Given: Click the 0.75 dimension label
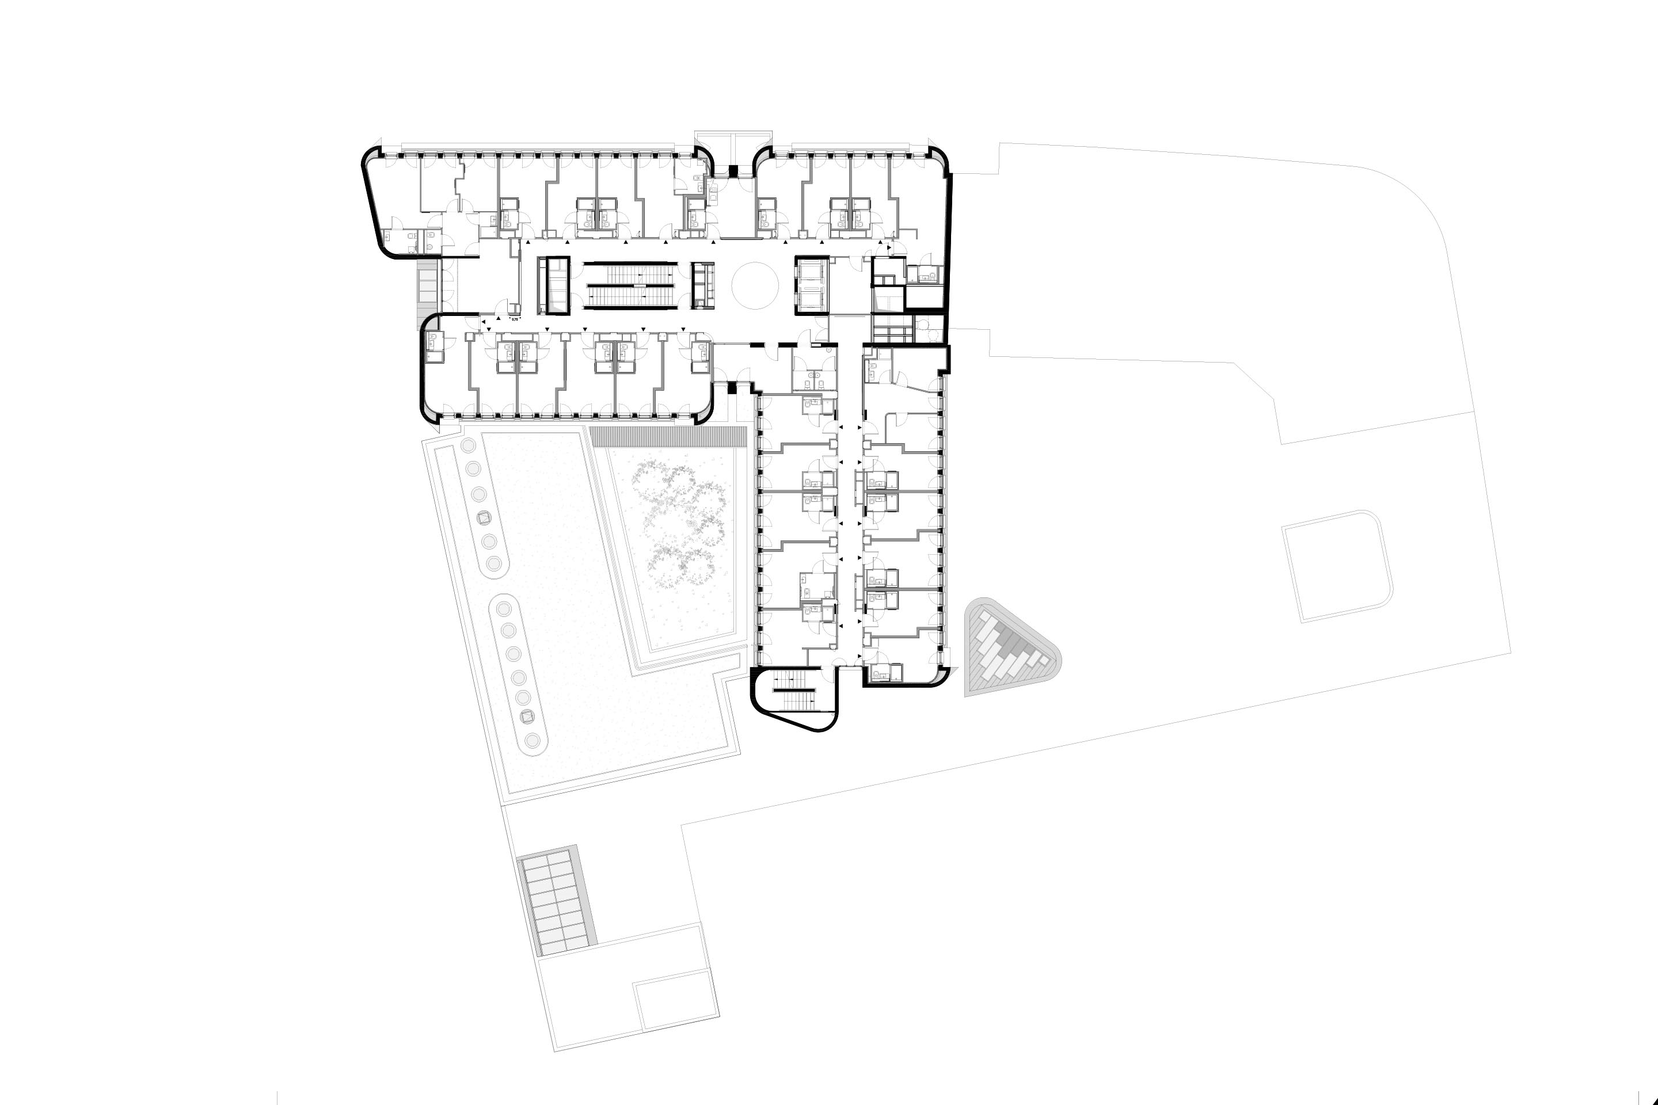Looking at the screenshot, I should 515,319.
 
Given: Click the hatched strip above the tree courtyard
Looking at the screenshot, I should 668,436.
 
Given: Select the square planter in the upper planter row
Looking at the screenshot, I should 483,518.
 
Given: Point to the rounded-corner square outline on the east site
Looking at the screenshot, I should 1337,566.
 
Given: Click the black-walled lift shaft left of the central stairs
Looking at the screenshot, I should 553,285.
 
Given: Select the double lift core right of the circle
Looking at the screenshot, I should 813,285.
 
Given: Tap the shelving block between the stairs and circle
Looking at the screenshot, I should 703,285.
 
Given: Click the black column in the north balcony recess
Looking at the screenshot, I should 732,170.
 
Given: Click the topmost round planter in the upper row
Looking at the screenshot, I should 467,447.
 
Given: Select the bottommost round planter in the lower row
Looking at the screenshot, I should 534,741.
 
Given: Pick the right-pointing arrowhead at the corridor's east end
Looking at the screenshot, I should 889,248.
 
